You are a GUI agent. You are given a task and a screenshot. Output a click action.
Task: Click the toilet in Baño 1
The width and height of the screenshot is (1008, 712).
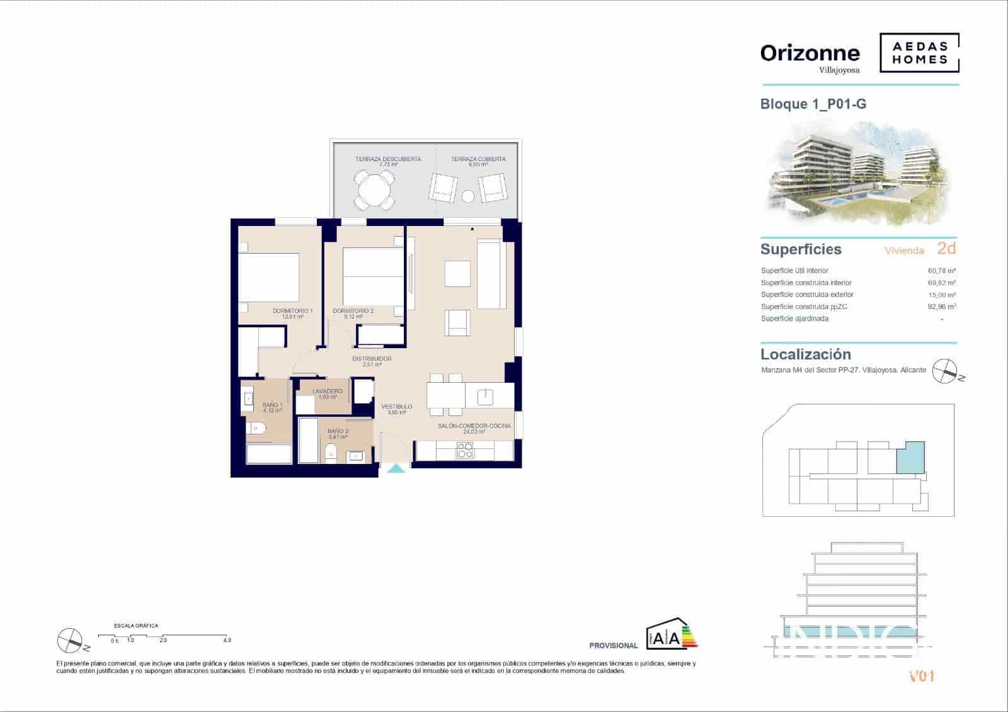(257, 428)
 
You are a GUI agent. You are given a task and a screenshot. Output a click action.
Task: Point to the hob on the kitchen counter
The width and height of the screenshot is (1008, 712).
(465, 450)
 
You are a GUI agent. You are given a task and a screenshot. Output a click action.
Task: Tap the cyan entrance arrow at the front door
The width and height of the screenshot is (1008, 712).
(396, 468)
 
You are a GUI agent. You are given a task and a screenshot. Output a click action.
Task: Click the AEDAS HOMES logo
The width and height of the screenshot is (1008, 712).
(919, 53)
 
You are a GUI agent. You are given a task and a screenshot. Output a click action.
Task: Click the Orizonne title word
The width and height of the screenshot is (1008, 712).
(810, 53)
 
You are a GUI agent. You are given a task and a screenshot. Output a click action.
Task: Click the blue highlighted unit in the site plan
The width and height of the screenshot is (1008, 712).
(910, 457)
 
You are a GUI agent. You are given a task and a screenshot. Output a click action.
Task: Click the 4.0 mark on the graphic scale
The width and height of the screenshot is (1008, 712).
(227, 640)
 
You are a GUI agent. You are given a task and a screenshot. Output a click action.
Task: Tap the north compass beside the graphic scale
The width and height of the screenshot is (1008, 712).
(69, 640)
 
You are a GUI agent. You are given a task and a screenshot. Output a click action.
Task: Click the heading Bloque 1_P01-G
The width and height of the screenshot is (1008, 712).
(813, 104)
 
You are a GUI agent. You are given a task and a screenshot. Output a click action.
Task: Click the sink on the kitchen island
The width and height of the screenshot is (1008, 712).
(485, 396)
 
